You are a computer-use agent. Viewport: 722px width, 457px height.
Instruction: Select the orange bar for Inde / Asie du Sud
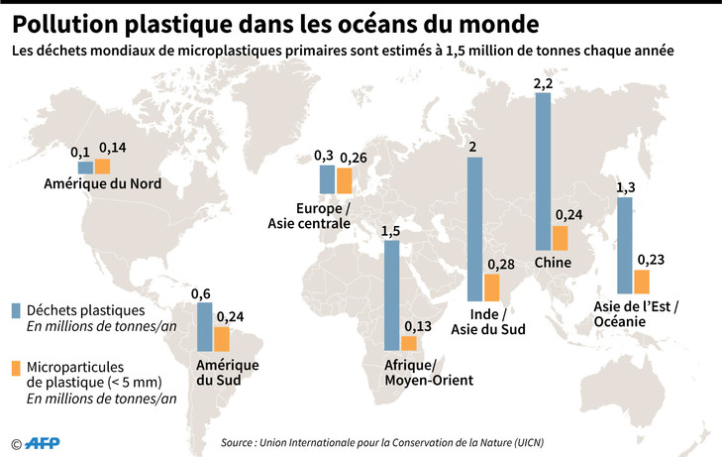coord(492,288)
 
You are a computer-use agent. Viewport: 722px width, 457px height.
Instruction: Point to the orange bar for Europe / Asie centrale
coord(344,180)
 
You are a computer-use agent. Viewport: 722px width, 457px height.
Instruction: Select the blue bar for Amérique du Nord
coord(84,168)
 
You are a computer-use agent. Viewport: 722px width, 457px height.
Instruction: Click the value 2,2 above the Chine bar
coord(543,85)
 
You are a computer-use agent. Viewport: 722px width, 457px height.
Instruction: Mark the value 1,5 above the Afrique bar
coord(391,231)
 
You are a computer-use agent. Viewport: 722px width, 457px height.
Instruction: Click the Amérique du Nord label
coord(103,184)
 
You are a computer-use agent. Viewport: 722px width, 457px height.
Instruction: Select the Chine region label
coord(552,263)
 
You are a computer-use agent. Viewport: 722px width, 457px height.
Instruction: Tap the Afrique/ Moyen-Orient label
coord(428,372)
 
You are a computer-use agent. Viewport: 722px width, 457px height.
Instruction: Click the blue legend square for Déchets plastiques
coord(16,310)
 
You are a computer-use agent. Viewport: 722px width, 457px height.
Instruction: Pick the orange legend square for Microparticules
coord(16,368)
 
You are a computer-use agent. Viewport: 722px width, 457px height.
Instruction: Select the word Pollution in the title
coord(69,22)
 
